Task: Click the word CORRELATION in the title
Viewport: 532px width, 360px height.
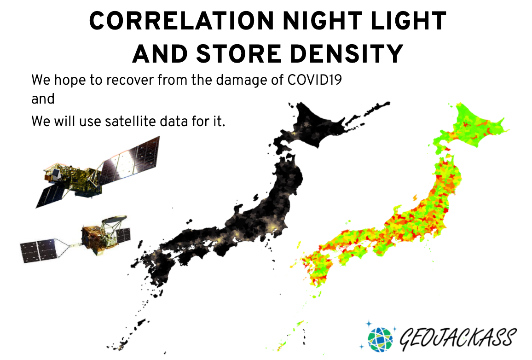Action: [181, 21]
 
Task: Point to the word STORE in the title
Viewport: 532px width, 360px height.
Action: [239, 54]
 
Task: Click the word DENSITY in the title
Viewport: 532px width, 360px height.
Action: [347, 54]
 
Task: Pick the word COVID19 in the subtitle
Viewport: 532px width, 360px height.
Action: [314, 80]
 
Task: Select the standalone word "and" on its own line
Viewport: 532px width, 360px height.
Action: [43, 99]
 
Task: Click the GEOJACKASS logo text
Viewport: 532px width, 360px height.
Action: [458, 338]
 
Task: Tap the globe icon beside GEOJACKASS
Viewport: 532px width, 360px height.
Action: [380, 339]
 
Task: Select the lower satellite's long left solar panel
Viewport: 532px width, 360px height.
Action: [38, 250]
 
